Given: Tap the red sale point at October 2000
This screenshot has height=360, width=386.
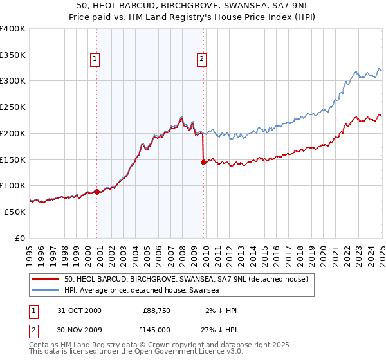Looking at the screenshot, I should [97, 192].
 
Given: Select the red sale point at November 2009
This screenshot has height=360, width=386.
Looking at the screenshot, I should [204, 162].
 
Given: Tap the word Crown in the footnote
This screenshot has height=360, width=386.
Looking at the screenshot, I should [164, 345].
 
